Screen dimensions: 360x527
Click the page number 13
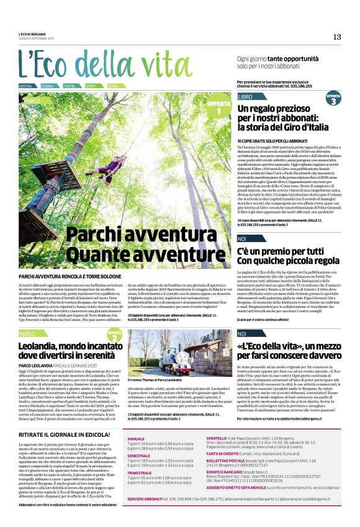point(337,37)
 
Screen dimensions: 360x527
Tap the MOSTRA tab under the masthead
point(25,86)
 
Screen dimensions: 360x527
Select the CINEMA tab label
point(48,86)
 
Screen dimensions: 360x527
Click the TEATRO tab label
point(70,86)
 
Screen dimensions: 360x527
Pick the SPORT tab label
point(91,86)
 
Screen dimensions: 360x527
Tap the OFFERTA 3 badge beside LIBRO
point(333,99)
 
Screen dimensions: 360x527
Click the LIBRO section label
point(245,97)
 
